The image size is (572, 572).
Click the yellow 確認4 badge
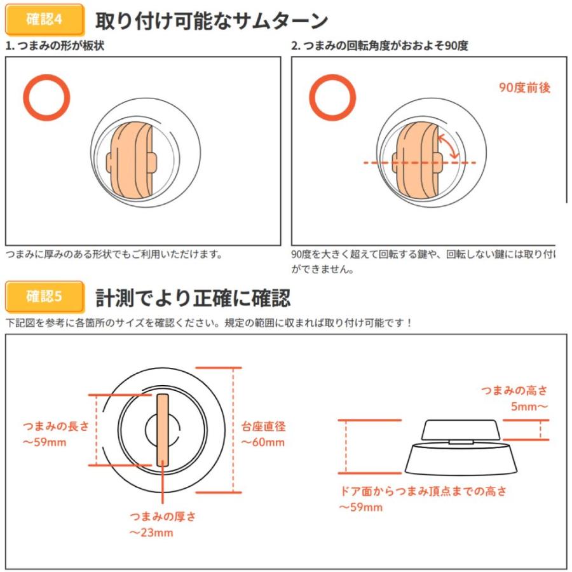[45, 20]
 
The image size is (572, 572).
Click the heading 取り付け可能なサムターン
[211, 21]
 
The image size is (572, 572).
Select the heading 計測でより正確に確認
[193, 297]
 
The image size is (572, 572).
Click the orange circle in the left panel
[46, 97]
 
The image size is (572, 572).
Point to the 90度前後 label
[524, 88]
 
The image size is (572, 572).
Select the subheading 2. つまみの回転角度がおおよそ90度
[379, 46]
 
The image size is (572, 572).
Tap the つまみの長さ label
[56, 426]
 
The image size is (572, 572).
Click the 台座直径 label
[263, 426]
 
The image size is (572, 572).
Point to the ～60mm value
[262, 442]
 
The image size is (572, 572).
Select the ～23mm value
[151, 533]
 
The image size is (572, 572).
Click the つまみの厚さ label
[163, 516]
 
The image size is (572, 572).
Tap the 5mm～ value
[529, 405]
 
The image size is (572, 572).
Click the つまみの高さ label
[514, 390]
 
